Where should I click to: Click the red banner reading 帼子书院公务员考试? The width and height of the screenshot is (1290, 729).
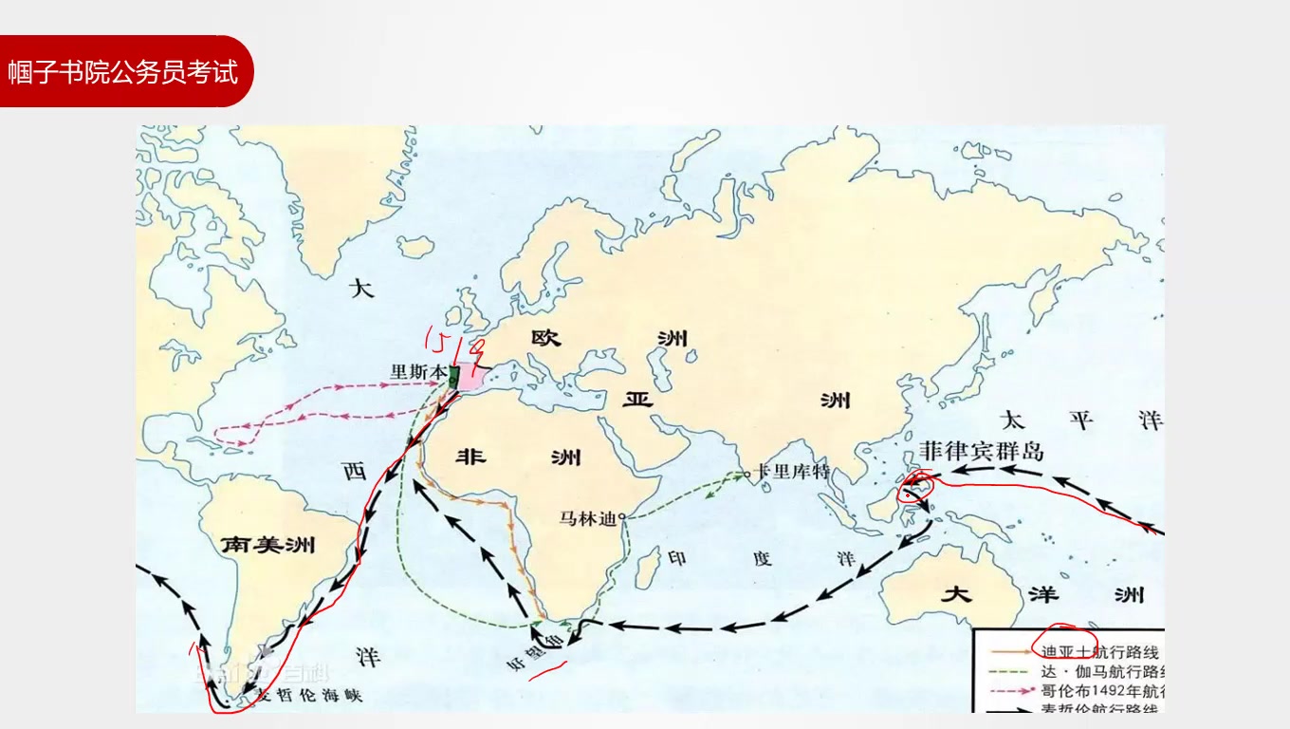click(123, 71)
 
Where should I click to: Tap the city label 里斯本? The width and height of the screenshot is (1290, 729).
click(417, 372)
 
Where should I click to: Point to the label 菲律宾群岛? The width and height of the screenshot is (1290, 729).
click(981, 450)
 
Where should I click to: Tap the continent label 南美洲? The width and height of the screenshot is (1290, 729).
click(267, 545)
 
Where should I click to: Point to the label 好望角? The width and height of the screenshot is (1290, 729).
click(534, 656)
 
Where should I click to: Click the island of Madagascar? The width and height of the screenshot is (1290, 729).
click(648, 567)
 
